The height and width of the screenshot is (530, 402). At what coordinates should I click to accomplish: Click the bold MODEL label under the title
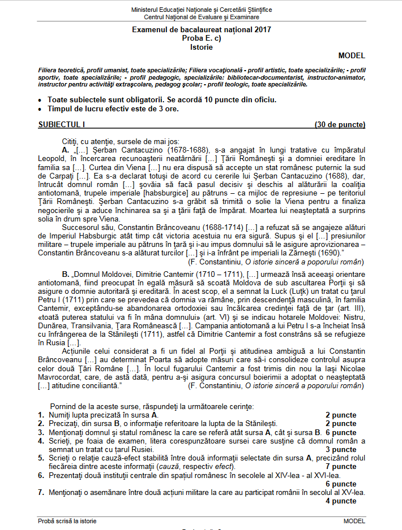[x=352, y=55]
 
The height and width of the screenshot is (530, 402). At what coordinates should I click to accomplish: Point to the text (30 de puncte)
[x=340, y=124]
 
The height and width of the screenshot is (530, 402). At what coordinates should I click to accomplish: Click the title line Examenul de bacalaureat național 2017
[x=201, y=29]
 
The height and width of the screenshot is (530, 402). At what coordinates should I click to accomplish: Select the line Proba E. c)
[x=201, y=38]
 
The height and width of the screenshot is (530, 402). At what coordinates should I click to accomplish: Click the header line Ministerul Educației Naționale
[x=201, y=10]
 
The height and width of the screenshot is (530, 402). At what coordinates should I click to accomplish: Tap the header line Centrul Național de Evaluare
[x=201, y=18]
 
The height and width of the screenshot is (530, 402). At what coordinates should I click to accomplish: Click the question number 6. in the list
[x=41, y=476]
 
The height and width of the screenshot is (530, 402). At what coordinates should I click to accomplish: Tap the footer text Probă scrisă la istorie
[x=67, y=520]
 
